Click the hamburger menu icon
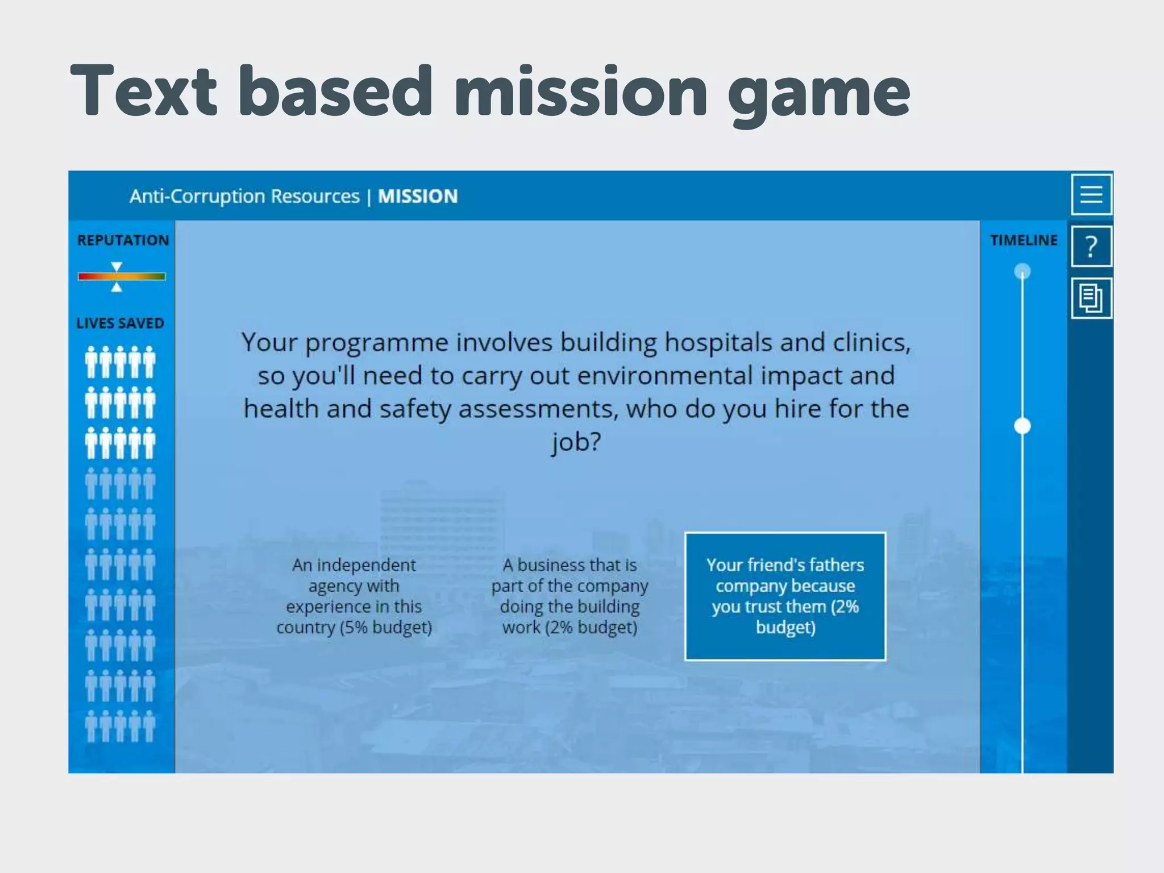tap(1091, 194)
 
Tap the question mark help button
tap(1091, 247)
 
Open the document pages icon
tap(1091, 298)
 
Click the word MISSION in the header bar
tap(418, 197)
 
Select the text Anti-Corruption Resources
tap(244, 197)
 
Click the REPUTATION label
tap(123, 240)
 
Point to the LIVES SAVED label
tap(120, 323)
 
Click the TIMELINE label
tap(1024, 240)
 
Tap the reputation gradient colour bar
tap(122, 277)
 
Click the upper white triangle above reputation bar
tap(117, 267)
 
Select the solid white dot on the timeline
tap(1022, 426)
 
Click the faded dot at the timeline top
tap(1022, 271)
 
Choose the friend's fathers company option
tap(785, 596)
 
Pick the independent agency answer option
tap(354, 596)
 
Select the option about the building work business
tap(569, 596)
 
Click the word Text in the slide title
tap(144, 91)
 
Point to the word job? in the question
tap(576, 442)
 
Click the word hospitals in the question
tap(718, 343)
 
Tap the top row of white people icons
tap(120, 362)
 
